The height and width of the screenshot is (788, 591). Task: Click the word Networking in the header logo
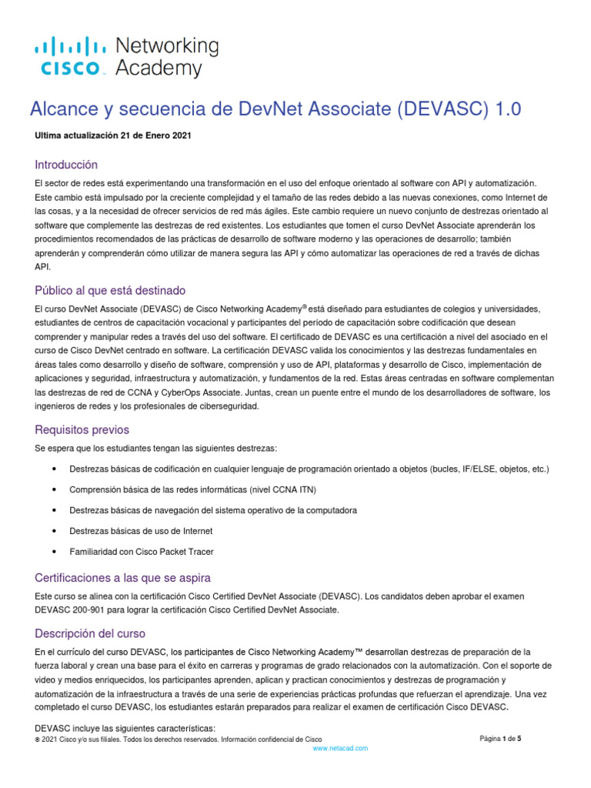[x=166, y=46]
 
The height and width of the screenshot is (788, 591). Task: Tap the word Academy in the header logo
[x=158, y=68]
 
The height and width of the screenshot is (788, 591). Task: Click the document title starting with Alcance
[x=275, y=110]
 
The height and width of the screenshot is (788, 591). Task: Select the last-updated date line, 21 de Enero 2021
[x=113, y=135]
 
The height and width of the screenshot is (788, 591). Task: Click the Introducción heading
[x=66, y=165]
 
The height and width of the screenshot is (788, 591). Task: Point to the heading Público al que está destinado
[x=110, y=290]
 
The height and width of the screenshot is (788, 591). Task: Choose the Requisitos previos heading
[x=82, y=429]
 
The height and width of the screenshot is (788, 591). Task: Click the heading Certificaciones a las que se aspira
[x=123, y=577]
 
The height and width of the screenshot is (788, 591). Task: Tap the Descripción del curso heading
[x=90, y=633]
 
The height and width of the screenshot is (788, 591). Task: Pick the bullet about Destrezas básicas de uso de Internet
[x=141, y=531]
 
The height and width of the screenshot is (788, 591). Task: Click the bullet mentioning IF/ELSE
[x=309, y=469]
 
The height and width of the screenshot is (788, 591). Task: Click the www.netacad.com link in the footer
[x=340, y=748]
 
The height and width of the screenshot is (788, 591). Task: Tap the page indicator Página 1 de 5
[x=500, y=739]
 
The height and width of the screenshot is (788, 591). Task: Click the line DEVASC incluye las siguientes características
[x=125, y=728]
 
